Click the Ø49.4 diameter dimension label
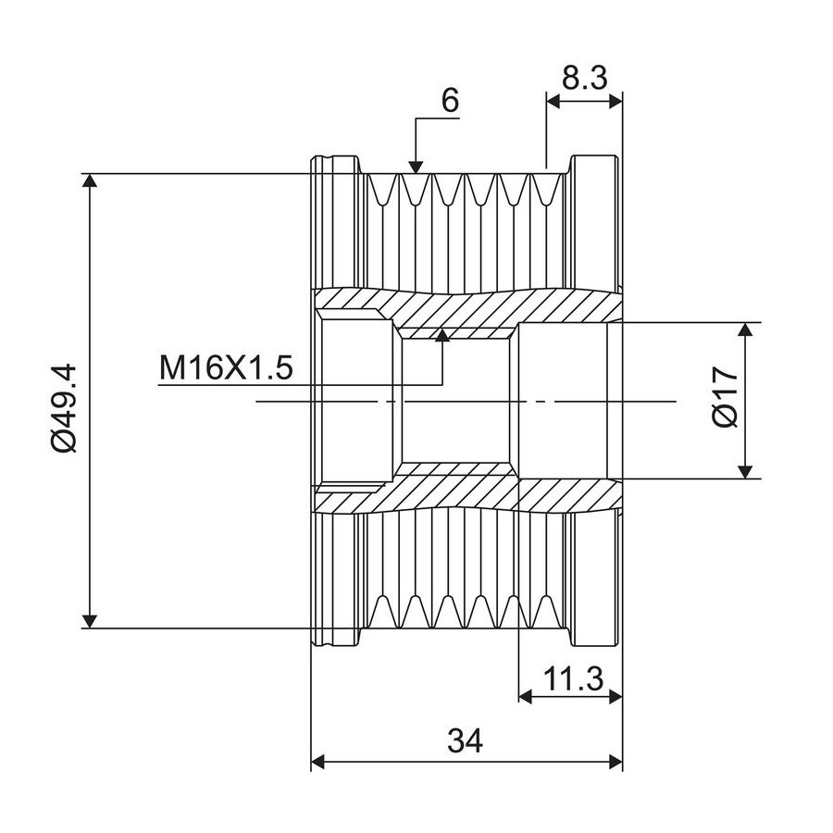(64, 408)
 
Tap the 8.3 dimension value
(584, 79)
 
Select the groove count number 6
(450, 100)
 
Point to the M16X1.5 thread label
(226, 367)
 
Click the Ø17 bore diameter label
(726, 396)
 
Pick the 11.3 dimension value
(574, 679)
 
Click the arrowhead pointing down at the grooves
(416, 168)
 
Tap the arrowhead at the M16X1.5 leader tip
(442, 335)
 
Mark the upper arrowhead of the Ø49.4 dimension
(91, 180)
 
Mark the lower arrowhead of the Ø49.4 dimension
(91, 621)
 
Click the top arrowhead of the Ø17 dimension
(746, 329)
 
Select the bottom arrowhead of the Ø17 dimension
(746, 472)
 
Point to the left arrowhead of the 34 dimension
(317, 763)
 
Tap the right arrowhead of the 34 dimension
(615, 763)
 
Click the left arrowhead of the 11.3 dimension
(526, 696)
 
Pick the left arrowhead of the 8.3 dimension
(553, 101)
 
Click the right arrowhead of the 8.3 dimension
(615, 101)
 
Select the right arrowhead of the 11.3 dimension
(615, 696)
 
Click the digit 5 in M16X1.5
(283, 367)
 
